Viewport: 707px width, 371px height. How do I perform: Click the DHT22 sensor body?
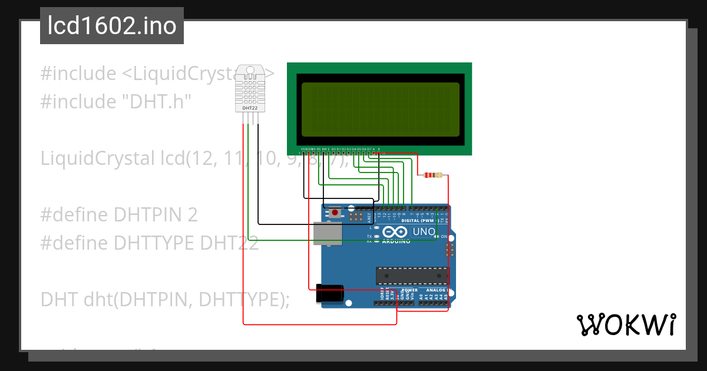(x=250, y=88)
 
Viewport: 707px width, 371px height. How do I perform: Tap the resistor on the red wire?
(x=433, y=175)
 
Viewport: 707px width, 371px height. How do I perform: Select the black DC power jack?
(x=330, y=293)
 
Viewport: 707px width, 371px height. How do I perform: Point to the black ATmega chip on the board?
(x=411, y=275)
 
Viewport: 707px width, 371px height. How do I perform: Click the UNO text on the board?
(x=423, y=231)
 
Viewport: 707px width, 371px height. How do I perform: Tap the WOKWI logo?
(x=626, y=324)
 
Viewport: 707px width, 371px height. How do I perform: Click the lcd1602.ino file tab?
(x=112, y=26)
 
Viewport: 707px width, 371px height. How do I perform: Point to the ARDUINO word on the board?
(x=396, y=241)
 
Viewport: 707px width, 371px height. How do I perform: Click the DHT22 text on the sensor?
(x=250, y=108)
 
